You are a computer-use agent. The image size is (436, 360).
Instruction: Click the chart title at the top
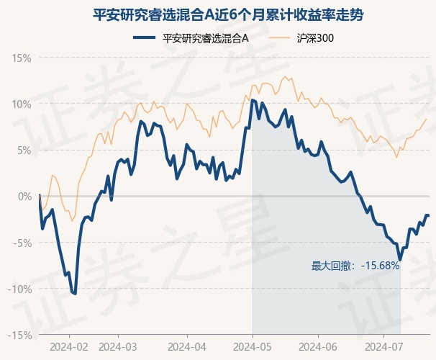click(228, 14)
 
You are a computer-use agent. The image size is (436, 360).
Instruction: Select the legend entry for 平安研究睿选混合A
click(191, 38)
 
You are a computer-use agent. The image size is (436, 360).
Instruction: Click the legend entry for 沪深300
click(301, 38)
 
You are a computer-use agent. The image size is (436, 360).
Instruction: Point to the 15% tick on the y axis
click(22, 58)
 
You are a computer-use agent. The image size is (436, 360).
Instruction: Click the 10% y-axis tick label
click(22, 104)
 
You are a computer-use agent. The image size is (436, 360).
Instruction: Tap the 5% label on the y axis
click(24, 150)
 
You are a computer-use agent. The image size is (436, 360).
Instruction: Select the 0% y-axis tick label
click(24, 197)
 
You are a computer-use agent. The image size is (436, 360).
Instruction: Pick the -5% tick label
click(22, 243)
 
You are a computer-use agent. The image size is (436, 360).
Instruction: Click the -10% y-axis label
click(19, 289)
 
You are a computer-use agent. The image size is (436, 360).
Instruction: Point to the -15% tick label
click(19, 336)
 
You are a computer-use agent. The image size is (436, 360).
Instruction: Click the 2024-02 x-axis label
click(69, 347)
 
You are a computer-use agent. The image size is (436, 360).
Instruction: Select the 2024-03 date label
click(118, 347)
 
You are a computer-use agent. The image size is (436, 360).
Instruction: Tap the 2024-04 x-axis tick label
click(187, 347)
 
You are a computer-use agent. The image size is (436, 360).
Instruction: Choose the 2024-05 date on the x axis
click(253, 347)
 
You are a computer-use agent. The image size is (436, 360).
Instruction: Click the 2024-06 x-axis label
click(318, 347)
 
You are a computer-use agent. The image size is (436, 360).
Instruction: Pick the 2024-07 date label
click(383, 347)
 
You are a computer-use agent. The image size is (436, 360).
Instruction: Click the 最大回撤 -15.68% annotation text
click(355, 266)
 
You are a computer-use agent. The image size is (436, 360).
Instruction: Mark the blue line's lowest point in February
click(75, 294)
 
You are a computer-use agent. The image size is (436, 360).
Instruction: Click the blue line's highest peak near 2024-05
click(253, 100)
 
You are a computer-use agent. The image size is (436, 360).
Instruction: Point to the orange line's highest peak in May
click(285, 76)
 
